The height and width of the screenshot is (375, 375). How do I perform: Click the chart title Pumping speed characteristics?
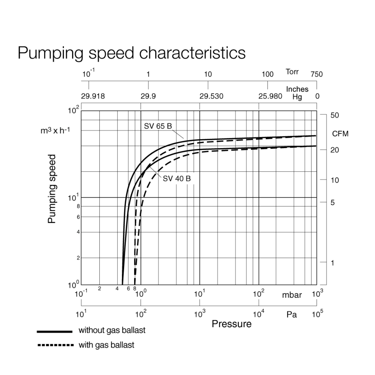click(x=132, y=52)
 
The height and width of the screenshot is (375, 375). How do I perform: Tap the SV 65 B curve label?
click(x=158, y=126)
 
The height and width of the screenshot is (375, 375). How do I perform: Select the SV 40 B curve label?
click(x=177, y=179)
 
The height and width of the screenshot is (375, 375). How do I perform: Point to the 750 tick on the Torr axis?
click(x=317, y=74)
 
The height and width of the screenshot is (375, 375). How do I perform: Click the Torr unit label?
click(x=292, y=72)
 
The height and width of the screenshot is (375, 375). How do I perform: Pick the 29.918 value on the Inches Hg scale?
click(x=93, y=96)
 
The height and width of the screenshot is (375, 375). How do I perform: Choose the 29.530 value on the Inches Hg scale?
click(x=212, y=96)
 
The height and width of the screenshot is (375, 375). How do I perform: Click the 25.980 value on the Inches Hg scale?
click(x=270, y=96)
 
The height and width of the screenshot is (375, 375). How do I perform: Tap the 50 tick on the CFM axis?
click(x=335, y=115)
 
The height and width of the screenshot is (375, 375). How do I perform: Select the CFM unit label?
click(x=340, y=134)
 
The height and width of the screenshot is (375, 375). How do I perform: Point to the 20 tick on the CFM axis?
click(x=335, y=150)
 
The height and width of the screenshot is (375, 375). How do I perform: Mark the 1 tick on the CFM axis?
click(x=332, y=263)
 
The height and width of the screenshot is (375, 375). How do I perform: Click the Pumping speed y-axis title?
click(x=52, y=189)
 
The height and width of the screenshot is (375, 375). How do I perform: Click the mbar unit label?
click(x=292, y=295)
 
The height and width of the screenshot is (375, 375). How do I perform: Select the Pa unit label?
click(x=292, y=314)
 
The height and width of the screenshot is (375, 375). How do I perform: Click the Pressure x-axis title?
click(x=232, y=324)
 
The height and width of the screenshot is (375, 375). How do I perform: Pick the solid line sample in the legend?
click(x=54, y=331)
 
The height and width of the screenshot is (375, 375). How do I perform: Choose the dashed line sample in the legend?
click(x=55, y=346)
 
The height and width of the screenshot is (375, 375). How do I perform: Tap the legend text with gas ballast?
click(x=106, y=345)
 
